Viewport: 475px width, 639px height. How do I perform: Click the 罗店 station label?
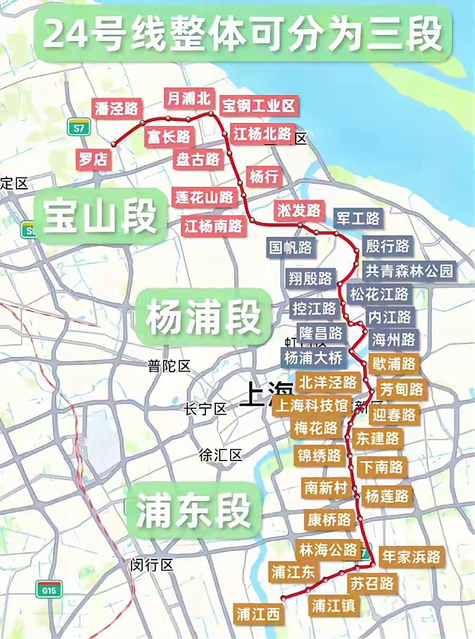click(94, 158)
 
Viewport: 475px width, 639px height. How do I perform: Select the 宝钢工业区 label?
click(259, 106)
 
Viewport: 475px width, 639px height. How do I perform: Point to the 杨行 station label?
click(264, 176)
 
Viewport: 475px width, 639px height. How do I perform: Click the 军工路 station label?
click(357, 218)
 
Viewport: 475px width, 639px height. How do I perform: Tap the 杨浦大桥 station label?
click(314, 357)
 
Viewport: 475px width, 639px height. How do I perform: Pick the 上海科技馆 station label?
click(311, 406)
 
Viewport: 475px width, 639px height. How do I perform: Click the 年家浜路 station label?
click(411, 557)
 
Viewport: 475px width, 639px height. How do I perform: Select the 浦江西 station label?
click(258, 614)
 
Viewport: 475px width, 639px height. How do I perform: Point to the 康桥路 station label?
click(329, 520)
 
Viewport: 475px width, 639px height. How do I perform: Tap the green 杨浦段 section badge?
click(203, 317)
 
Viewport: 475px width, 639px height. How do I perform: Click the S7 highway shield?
click(79, 127)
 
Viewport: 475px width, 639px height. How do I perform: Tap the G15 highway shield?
click(49, 588)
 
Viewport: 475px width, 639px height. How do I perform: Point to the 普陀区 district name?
click(169, 365)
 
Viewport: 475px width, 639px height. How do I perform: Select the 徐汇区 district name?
click(220, 455)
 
